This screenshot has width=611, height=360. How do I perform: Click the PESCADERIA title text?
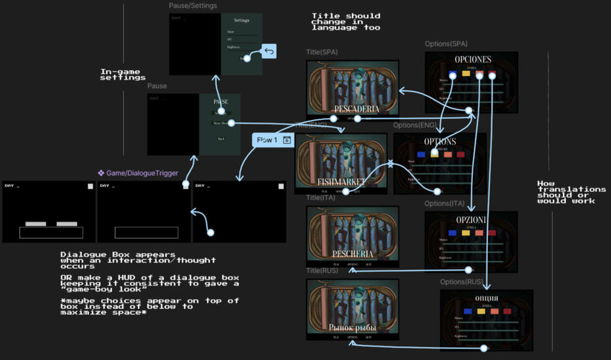click(x=352, y=109)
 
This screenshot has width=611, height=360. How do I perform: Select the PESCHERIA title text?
click(x=353, y=253)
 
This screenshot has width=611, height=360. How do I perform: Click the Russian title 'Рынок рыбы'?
click(x=353, y=327)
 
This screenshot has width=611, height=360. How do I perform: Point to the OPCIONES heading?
click(x=472, y=60)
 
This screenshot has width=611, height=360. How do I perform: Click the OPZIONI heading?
click(x=471, y=219)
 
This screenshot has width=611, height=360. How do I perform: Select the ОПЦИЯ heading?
click(x=486, y=298)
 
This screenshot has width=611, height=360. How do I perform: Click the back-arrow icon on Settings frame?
click(x=269, y=51)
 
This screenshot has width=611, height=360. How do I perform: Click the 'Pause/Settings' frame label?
click(x=193, y=6)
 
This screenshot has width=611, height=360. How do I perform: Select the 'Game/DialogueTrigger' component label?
click(x=138, y=173)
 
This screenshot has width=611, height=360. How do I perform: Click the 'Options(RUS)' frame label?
click(x=462, y=282)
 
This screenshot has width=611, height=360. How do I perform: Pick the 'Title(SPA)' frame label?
click(x=323, y=52)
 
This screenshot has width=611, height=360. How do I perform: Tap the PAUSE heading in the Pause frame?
click(x=221, y=102)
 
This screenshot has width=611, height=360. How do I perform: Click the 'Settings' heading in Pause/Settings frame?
click(x=241, y=20)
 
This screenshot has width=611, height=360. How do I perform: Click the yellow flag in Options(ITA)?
click(x=466, y=233)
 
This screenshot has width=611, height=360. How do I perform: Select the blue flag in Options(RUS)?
click(x=468, y=311)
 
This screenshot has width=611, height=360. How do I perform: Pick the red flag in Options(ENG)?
click(x=460, y=155)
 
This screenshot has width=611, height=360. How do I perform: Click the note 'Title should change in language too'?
click(x=345, y=22)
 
